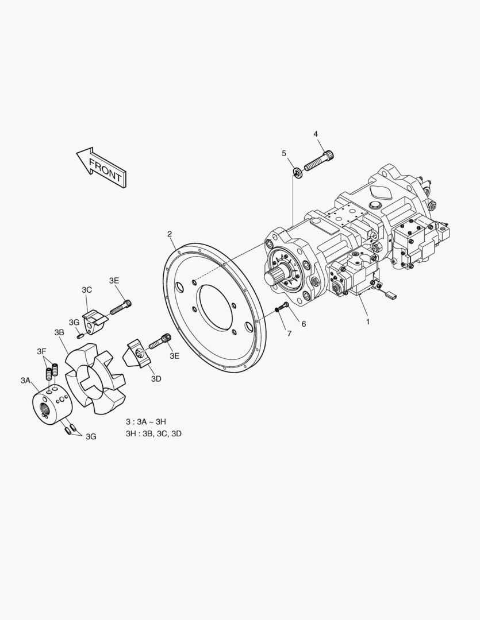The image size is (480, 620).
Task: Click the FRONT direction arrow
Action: coord(101,167)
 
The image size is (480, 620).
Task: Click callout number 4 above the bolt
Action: coord(316,134)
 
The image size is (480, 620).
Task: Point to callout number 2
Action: coord(170,234)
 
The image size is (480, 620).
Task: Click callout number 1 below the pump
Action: coord(367,322)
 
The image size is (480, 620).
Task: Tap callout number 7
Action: coord(289,334)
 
